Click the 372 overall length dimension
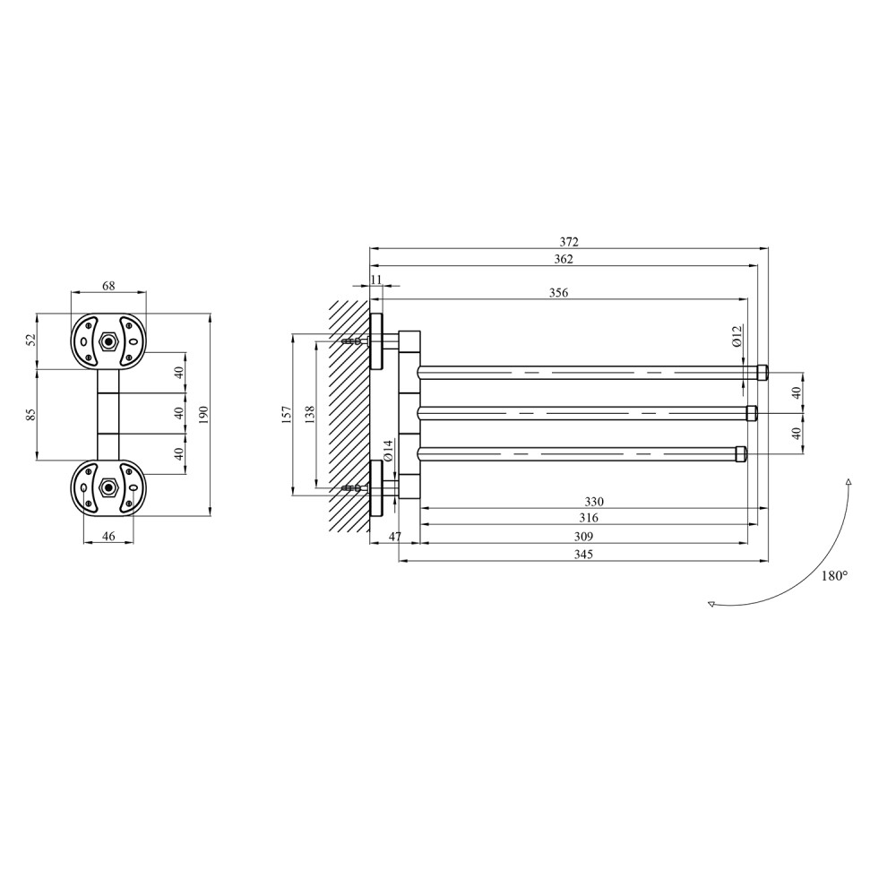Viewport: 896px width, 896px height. pos(569,242)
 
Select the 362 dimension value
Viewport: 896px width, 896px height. pos(564,259)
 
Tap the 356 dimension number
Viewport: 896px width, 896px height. pos(558,293)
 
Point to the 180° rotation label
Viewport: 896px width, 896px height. pos(834,576)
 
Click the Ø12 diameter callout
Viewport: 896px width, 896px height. pos(737,335)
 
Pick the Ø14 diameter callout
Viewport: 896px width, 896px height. pos(387,451)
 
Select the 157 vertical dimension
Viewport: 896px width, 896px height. pos(287,414)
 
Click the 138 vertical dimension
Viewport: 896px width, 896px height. pos(310,414)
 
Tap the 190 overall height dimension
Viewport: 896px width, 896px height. pos(204,414)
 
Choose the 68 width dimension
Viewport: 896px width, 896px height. pos(108,286)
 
